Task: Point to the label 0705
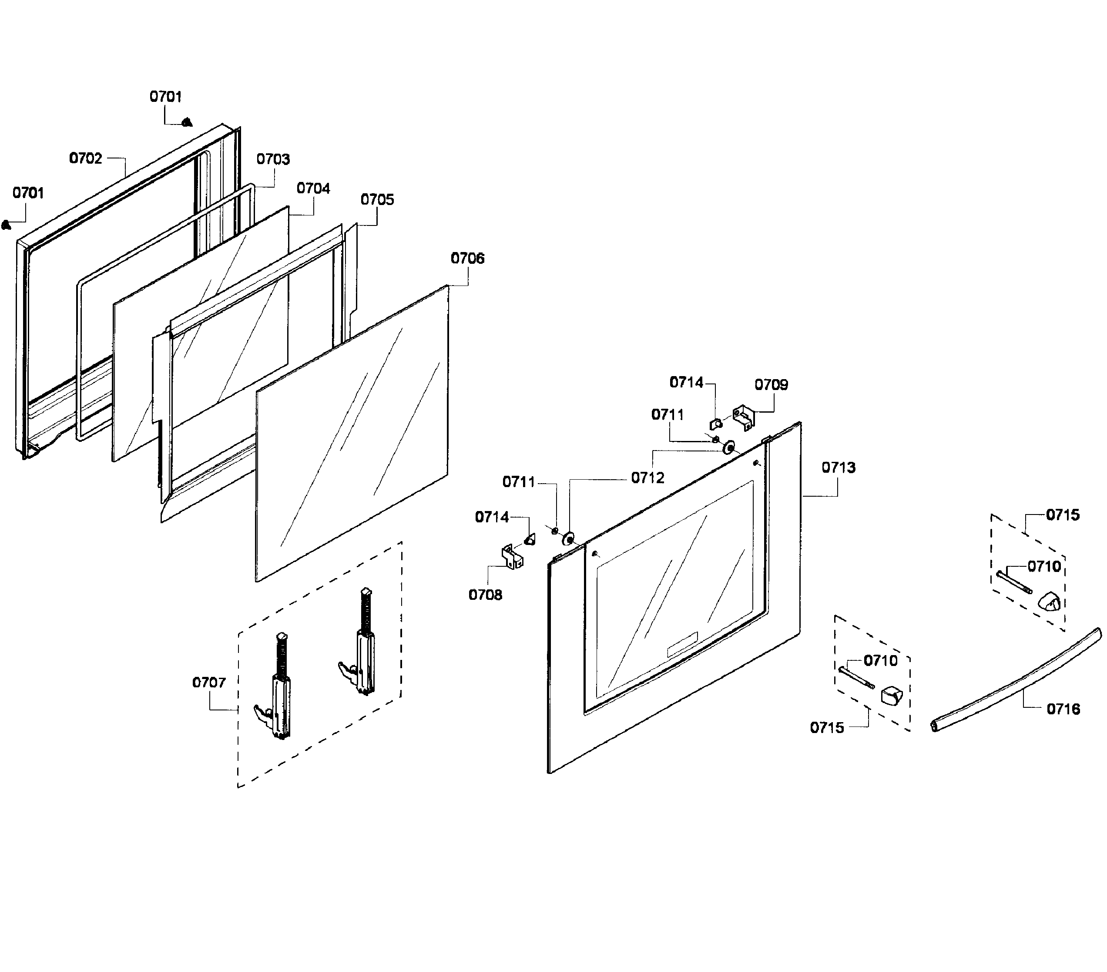[x=377, y=200]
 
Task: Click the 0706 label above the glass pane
[x=467, y=259]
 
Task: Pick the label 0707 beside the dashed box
[x=209, y=683]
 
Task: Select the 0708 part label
[x=485, y=595]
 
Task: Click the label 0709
[x=771, y=385]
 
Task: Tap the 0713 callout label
[x=839, y=468]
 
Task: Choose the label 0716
[x=1063, y=709]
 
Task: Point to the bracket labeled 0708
[x=511, y=557]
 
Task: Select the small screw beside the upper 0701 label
[x=187, y=122]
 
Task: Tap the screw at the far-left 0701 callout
[x=6, y=225]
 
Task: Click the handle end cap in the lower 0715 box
[x=891, y=695]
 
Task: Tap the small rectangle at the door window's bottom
[x=682, y=644]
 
